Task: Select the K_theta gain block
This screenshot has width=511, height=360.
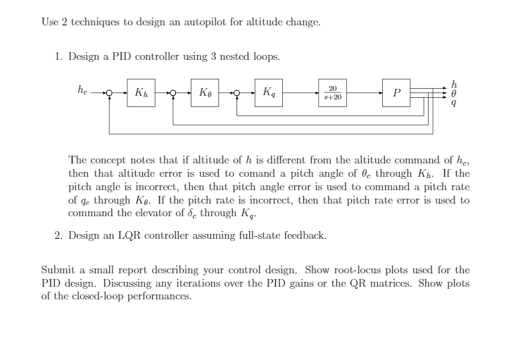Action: [205, 92]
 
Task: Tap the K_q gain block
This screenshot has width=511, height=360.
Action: [269, 92]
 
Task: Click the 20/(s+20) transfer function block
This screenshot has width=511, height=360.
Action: [332, 92]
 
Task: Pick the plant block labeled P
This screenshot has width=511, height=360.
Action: [396, 92]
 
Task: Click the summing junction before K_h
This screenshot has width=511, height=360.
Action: [109, 93]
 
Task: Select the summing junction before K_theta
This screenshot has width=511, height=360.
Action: [173, 93]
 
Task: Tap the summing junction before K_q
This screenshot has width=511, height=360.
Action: [237, 93]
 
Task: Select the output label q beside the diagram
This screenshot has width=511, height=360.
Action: [454, 103]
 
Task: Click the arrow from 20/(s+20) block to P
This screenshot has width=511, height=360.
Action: [365, 93]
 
